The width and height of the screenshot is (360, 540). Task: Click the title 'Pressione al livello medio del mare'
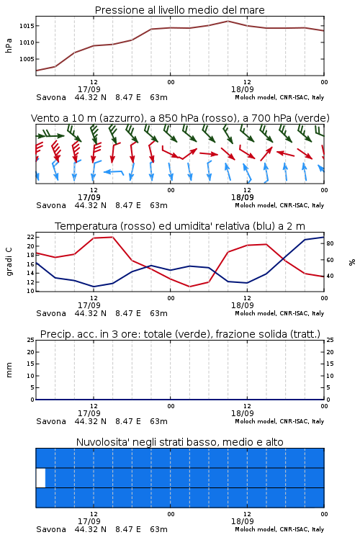coord(179,10)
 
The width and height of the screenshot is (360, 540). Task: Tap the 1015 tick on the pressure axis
coord(27,26)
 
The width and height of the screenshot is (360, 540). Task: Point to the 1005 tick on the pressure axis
coord(27,59)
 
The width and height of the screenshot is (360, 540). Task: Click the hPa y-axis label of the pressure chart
coord(9,45)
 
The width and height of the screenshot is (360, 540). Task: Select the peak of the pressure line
coord(228,21)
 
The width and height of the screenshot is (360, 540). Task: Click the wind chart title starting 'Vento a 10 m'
coord(180,118)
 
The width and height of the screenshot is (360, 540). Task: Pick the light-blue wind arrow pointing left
coord(113,171)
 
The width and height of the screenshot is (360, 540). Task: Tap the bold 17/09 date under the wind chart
coord(89,197)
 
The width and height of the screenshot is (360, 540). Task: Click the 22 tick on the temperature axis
coord(31,237)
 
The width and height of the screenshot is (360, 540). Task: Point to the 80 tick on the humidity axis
coord(330,243)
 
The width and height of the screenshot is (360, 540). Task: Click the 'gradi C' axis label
coord(9,262)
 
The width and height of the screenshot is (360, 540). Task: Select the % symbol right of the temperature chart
coord(352,262)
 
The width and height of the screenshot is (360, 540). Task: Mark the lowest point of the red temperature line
coord(190,287)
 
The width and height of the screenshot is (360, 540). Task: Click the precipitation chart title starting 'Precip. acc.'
coord(180,334)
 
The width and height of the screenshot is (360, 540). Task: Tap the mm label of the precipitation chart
coord(9,370)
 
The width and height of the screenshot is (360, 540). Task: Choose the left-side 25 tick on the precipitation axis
coord(31,340)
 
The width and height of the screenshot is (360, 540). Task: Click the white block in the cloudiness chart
coord(40,477)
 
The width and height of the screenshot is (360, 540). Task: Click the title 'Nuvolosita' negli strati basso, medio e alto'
coord(179,442)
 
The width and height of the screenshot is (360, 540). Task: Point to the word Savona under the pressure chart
coord(51,97)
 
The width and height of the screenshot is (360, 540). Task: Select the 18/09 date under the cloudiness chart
coord(242,521)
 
